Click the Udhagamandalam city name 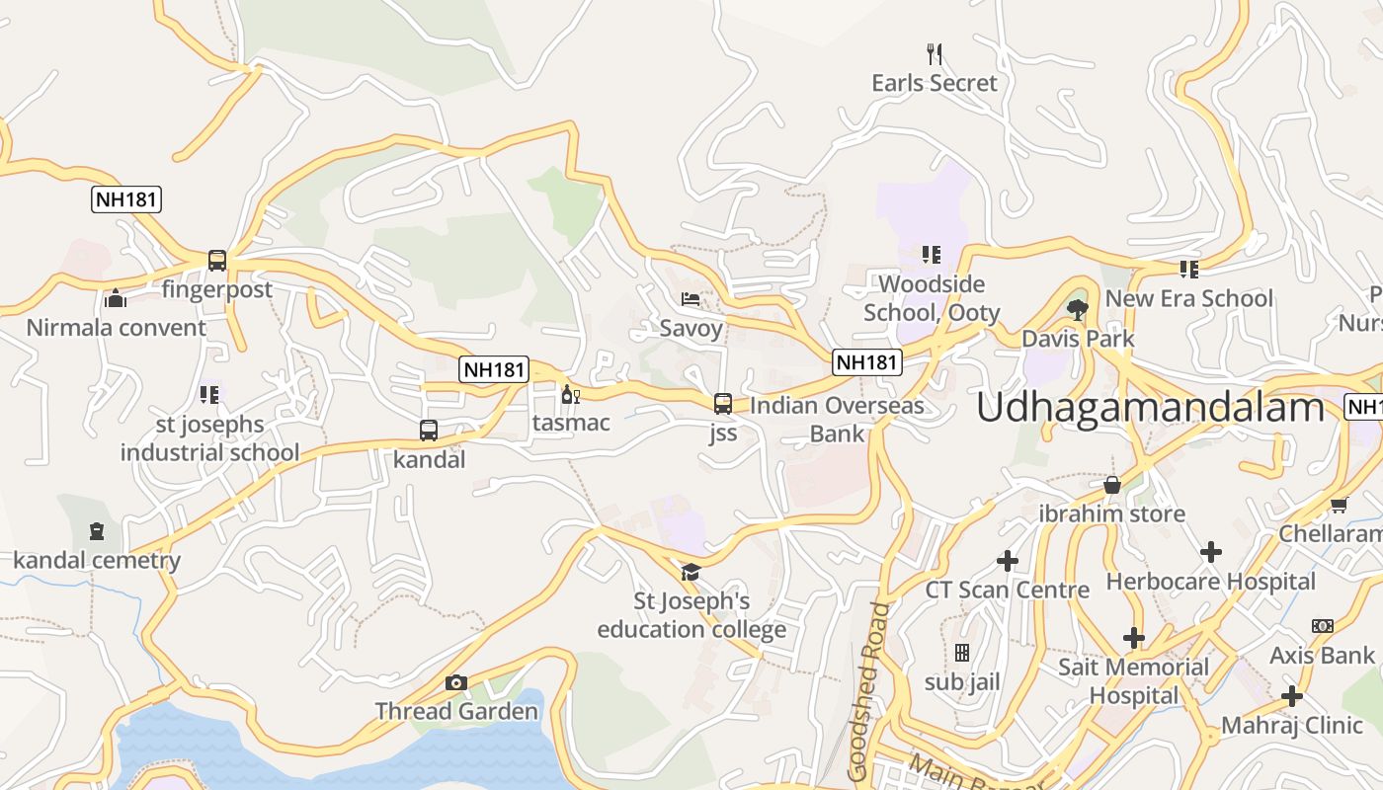pos(1150,407)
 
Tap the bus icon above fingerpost pos(217,261)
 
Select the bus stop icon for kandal pos(429,431)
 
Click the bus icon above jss pos(723,403)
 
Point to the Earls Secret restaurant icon pos(935,52)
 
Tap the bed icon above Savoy pos(691,298)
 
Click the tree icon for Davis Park pos(1078,310)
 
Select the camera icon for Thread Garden pos(455,682)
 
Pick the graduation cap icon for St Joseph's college pos(691,572)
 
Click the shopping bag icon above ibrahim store pos(1111,485)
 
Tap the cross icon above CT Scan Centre pos(1007,561)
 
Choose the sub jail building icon pos(961,653)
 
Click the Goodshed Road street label pos(868,691)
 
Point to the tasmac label pos(571,423)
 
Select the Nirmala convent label pos(117,328)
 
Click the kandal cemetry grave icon pos(96,532)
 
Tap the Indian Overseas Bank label pos(837,419)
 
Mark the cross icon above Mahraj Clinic pos(1291,696)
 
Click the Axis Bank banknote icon pos(1322,626)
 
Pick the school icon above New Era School pos(1188,269)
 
